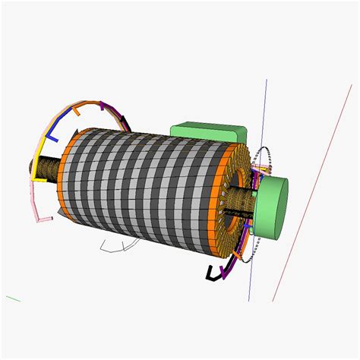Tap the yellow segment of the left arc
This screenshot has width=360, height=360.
(38, 159)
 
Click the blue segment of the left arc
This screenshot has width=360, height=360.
(51, 131)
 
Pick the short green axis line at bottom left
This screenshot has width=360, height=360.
(13, 298)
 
